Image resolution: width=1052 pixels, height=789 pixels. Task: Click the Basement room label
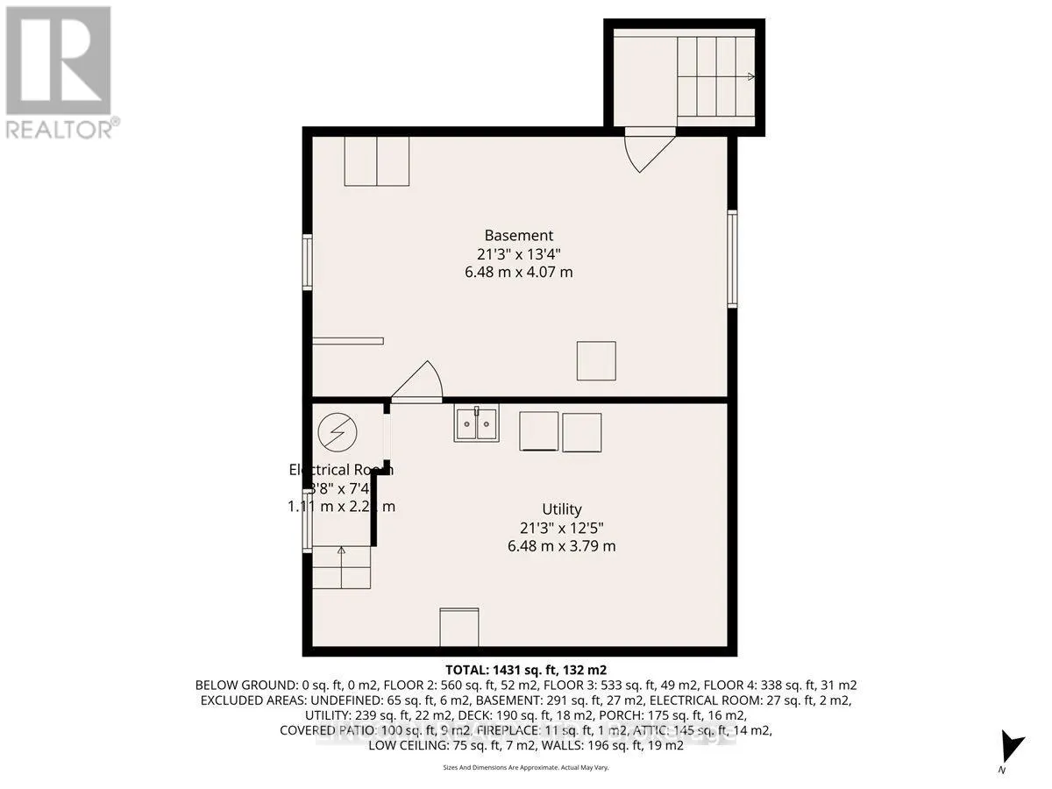click(x=519, y=235)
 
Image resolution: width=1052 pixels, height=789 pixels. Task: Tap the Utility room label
click(x=561, y=509)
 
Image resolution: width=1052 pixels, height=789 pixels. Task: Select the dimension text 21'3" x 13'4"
click(x=519, y=253)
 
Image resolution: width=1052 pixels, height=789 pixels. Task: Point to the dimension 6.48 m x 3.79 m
click(x=561, y=546)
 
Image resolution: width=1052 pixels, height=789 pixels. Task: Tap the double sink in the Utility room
click(x=476, y=423)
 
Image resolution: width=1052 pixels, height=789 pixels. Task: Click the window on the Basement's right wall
click(x=732, y=259)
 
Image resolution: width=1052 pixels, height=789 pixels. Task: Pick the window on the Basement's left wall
click(x=307, y=261)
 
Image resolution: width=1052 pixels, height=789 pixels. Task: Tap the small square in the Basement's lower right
click(x=596, y=360)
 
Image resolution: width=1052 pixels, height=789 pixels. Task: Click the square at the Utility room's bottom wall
click(x=459, y=627)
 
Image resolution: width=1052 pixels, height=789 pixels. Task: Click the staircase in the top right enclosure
click(x=715, y=77)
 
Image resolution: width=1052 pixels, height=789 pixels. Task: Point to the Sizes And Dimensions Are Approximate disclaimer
click(x=526, y=767)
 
